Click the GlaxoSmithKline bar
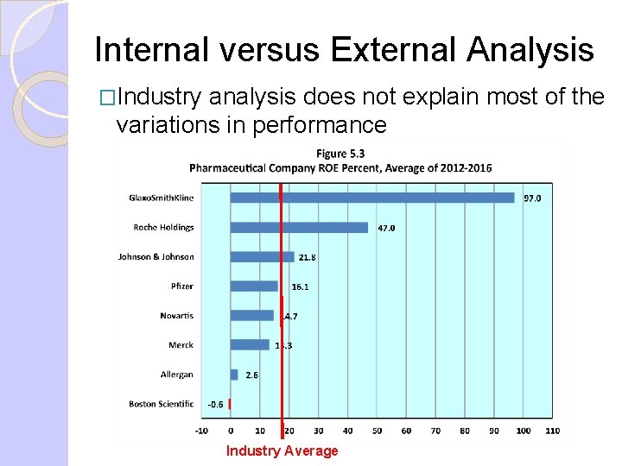point(371,198)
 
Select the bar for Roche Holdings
point(299,228)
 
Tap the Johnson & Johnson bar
point(262,257)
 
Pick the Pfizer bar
point(254,287)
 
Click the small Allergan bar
point(234,375)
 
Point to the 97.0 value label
point(532,198)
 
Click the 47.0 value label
point(385,229)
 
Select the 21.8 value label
point(307,258)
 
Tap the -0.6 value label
point(215,404)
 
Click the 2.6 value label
point(251,375)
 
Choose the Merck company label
point(181,345)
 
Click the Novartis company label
point(176,316)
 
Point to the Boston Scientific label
point(161,404)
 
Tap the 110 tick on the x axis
point(553,430)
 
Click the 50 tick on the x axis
point(377,430)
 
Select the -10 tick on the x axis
point(201,430)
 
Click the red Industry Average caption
point(282,450)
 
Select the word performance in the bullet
point(320,125)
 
